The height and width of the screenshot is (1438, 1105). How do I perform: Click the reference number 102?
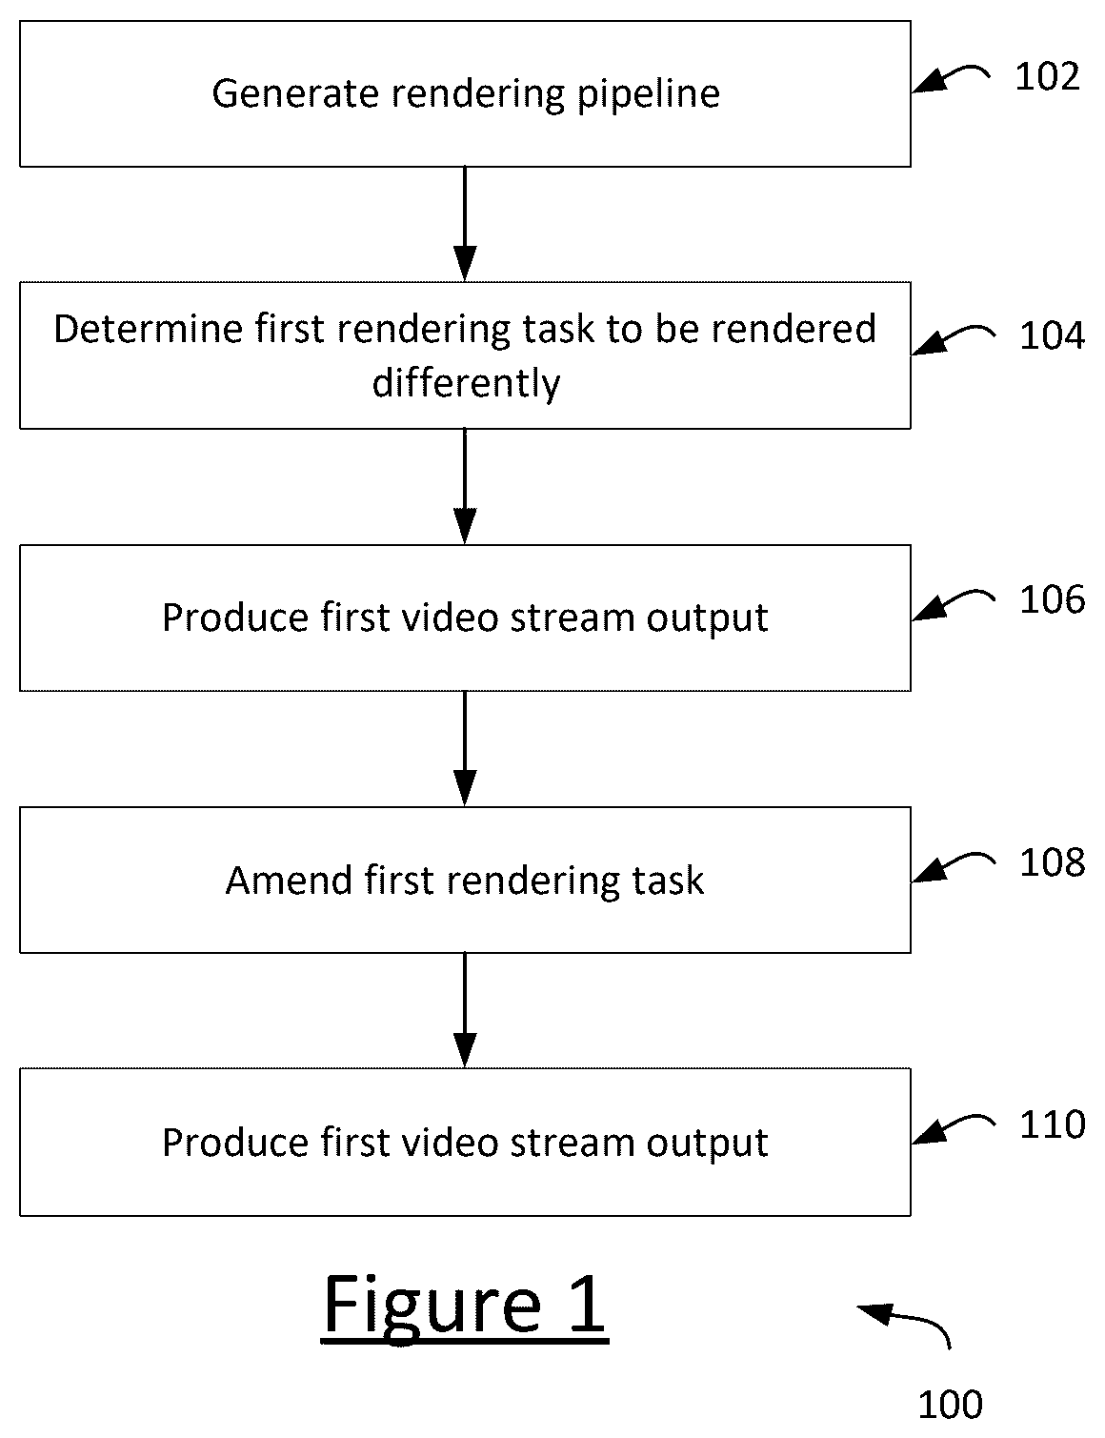pyautogui.click(x=1047, y=76)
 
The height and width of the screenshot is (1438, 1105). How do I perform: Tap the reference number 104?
pyautogui.click(x=1052, y=335)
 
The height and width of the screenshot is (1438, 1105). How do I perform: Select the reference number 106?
pyautogui.click(x=1052, y=599)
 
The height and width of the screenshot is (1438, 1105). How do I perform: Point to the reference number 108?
pyautogui.click(x=1052, y=863)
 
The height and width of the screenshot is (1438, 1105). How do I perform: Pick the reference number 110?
pyautogui.click(x=1052, y=1124)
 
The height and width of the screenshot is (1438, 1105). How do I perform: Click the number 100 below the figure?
pyautogui.click(x=951, y=1405)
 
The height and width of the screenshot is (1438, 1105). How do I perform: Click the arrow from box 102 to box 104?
pyautogui.click(x=465, y=224)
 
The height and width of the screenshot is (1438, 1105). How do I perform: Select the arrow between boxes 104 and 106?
pyautogui.click(x=465, y=486)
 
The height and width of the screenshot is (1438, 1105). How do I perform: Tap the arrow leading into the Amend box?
pyautogui.click(x=465, y=748)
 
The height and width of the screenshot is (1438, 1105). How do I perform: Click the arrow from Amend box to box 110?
pyautogui.click(x=465, y=1010)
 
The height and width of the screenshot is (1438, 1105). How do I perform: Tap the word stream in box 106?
pyautogui.click(x=572, y=618)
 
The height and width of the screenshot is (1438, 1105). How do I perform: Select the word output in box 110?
pyautogui.click(x=707, y=1145)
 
